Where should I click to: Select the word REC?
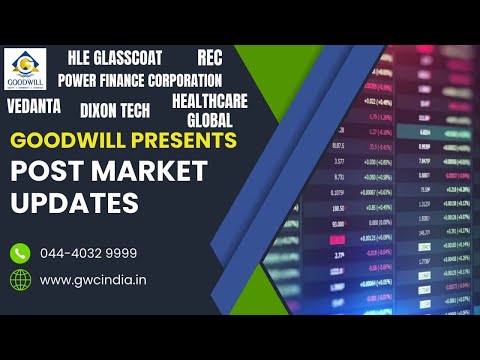click(x=210, y=57)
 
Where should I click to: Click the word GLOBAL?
click(x=210, y=119)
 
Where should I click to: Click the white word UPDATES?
click(x=74, y=202)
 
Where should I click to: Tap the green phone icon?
click(x=20, y=253)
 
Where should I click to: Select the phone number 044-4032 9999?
click(x=89, y=253)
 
